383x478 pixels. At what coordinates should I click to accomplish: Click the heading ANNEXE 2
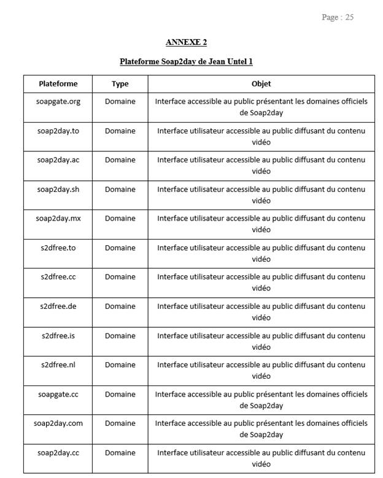click(x=186, y=42)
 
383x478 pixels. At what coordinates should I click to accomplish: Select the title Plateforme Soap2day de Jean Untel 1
click(x=186, y=61)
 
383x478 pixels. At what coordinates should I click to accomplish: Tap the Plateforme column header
click(x=58, y=83)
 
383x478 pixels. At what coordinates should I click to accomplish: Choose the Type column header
click(x=120, y=83)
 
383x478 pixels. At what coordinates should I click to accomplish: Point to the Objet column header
click(x=261, y=83)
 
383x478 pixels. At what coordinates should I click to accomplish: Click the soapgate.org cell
click(x=58, y=101)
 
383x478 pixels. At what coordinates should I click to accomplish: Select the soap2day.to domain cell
click(x=58, y=131)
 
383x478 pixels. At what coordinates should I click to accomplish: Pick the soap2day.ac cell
click(x=58, y=160)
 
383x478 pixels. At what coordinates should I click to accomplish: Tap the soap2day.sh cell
click(x=58, y=189)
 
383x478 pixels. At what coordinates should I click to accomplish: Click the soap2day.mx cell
click(x=58, y=218)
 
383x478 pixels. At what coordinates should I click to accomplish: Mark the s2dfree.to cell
click(x=58, y=248)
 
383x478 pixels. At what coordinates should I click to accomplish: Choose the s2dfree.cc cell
click(x=58, y=276)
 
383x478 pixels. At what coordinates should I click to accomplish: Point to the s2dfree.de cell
click(x=58, y=306)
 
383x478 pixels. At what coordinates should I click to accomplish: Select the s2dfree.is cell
click(x=58, y=335)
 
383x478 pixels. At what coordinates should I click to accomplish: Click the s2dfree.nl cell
click(x=58, y=365)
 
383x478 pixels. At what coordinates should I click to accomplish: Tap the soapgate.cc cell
click(x=58, y=394)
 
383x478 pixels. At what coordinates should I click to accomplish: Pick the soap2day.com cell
click(x=58, y=423)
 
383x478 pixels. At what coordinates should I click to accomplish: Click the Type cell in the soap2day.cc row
click(x=120, y=453)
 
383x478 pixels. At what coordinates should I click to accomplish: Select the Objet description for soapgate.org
click(x=261, y=107)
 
